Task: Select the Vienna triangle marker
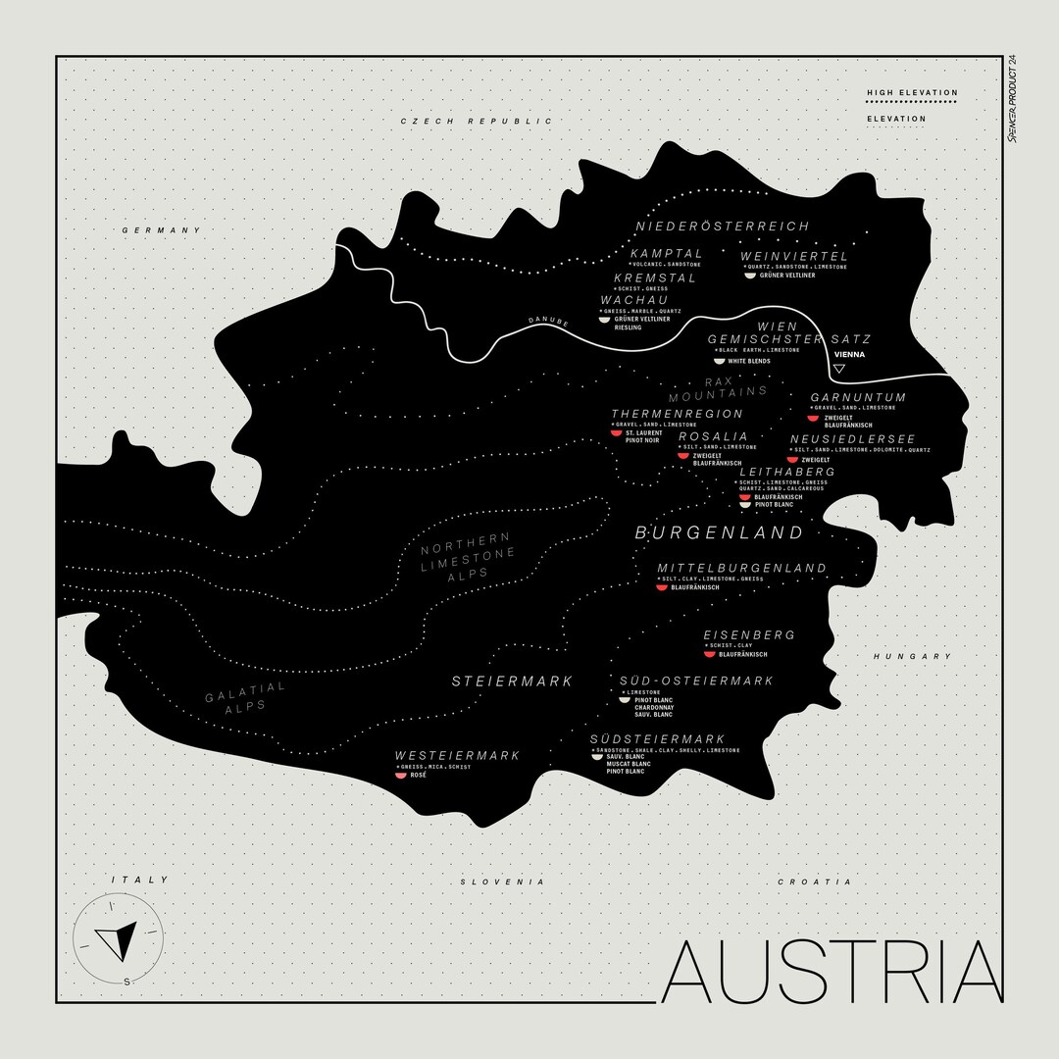point(838,370)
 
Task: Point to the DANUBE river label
point(548,321)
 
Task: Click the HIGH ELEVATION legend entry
point(912,93)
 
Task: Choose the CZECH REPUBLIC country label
point(477,121)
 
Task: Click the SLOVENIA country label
point(502,882)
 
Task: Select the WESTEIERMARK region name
point(457,755)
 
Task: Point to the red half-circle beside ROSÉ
point(400,776)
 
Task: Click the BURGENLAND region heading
point(719,533)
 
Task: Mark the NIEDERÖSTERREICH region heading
point(723,227)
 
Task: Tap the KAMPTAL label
point(666,254)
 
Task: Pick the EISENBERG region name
point(749,635)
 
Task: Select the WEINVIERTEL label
point(794,256)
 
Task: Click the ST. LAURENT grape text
point(643,432)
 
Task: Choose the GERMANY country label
point(161,230)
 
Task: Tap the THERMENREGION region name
point(677,414)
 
